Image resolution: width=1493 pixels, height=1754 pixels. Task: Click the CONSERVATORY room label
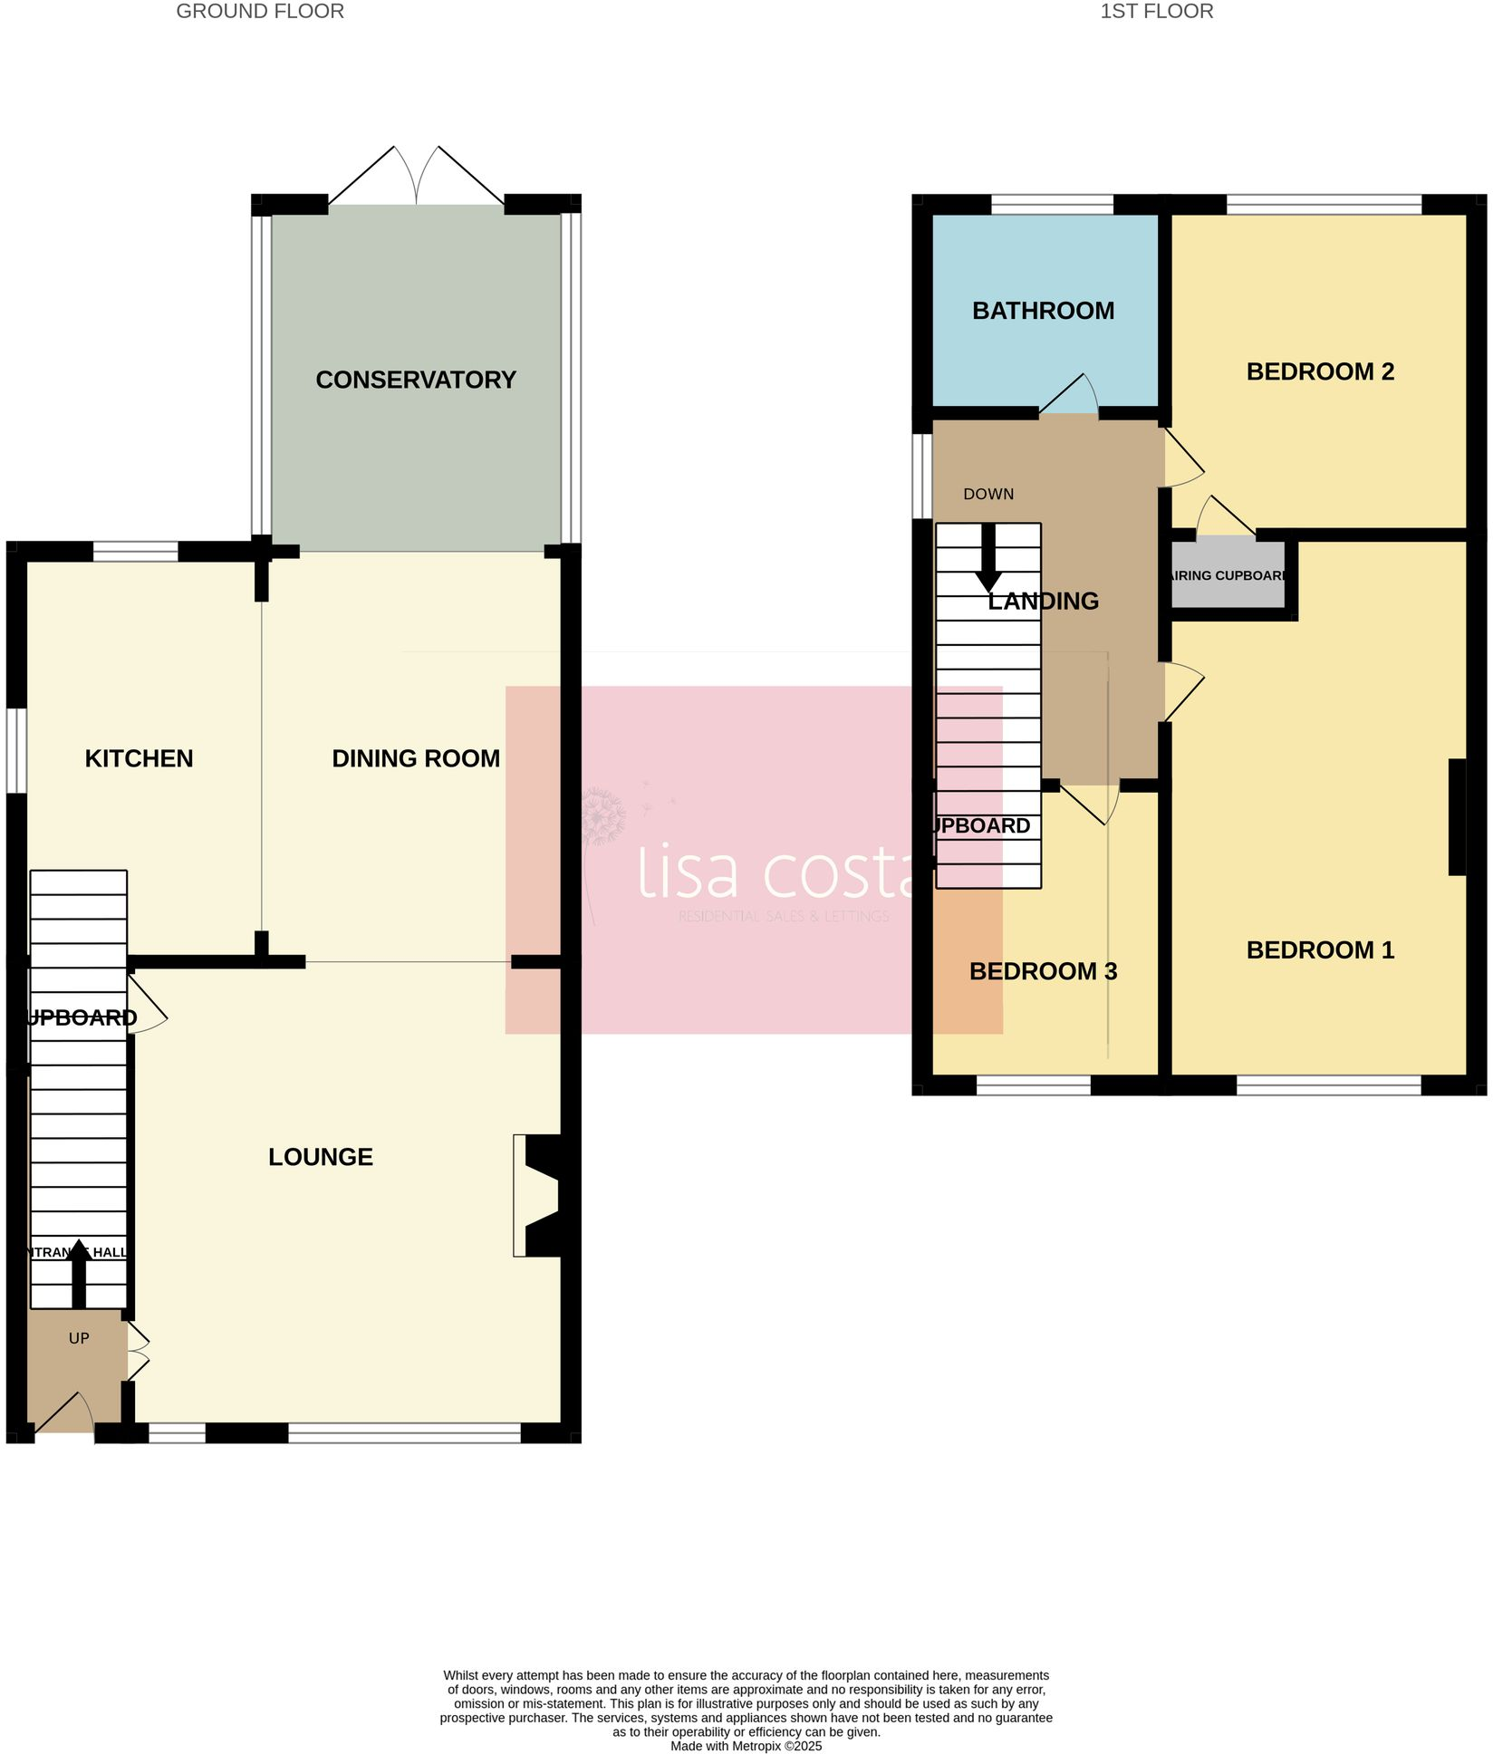point(416,380)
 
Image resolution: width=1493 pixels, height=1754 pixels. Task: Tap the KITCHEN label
point(139,758)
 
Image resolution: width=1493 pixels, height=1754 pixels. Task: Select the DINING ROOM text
point(416,758)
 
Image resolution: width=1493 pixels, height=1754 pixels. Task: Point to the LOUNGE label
point(321,1157)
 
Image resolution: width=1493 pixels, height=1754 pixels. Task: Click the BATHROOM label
point(1043,311)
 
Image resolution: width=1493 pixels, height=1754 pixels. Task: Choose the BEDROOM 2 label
point(1320,371)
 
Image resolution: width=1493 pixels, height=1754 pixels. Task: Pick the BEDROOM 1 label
point(1320,950)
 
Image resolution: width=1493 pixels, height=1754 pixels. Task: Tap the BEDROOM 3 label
point(1043,971)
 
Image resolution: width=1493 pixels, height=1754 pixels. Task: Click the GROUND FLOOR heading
point(260,12)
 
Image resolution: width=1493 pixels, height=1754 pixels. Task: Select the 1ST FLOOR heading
point(1156,12)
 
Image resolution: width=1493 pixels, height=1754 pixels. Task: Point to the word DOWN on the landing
point(988,495)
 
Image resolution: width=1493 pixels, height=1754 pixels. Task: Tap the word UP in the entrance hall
point(79,1338)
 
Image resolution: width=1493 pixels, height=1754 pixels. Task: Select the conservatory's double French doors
point(416,178)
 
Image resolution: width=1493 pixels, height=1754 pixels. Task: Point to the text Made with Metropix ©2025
point(746,1746)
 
